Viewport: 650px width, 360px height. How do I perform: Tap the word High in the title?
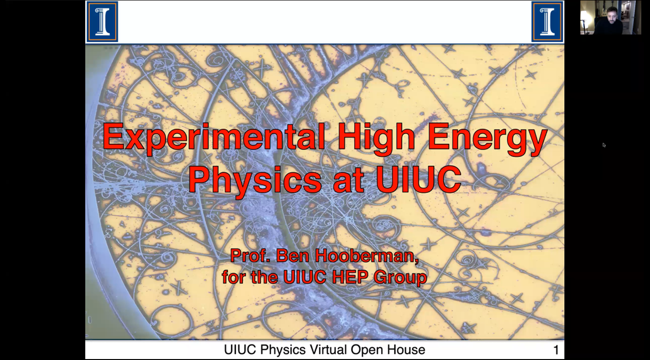click(376, 138)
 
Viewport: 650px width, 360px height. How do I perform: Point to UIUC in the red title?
click(418, 178)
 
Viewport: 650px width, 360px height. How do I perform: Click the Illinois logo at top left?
click(102, 22)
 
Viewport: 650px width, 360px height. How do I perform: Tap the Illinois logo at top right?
click(547, 22)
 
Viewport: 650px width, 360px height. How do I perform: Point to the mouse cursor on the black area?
click(604, 145)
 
